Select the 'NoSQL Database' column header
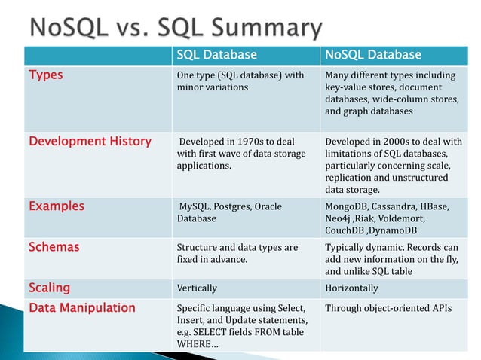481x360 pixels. click(373, 55)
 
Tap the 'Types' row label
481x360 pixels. click(45, 75)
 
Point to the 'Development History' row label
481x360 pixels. click(89, 141)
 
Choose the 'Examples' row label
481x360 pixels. click(56, 206)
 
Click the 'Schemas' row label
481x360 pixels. click(54, 246)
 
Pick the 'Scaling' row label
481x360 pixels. click(49, 288)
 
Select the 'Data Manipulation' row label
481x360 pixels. click(81, 307)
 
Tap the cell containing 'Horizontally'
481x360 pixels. click(351, 288)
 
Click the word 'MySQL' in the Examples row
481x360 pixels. click(194, 206)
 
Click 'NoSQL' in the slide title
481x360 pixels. click(72, 28)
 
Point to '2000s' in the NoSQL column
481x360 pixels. click(399, 141)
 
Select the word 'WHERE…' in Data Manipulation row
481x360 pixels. click(194, 344)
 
